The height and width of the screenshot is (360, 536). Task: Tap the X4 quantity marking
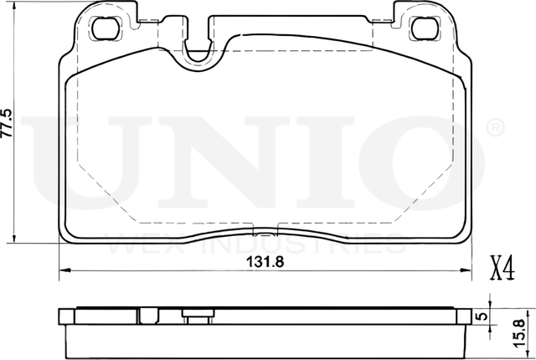tap(500, 269)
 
